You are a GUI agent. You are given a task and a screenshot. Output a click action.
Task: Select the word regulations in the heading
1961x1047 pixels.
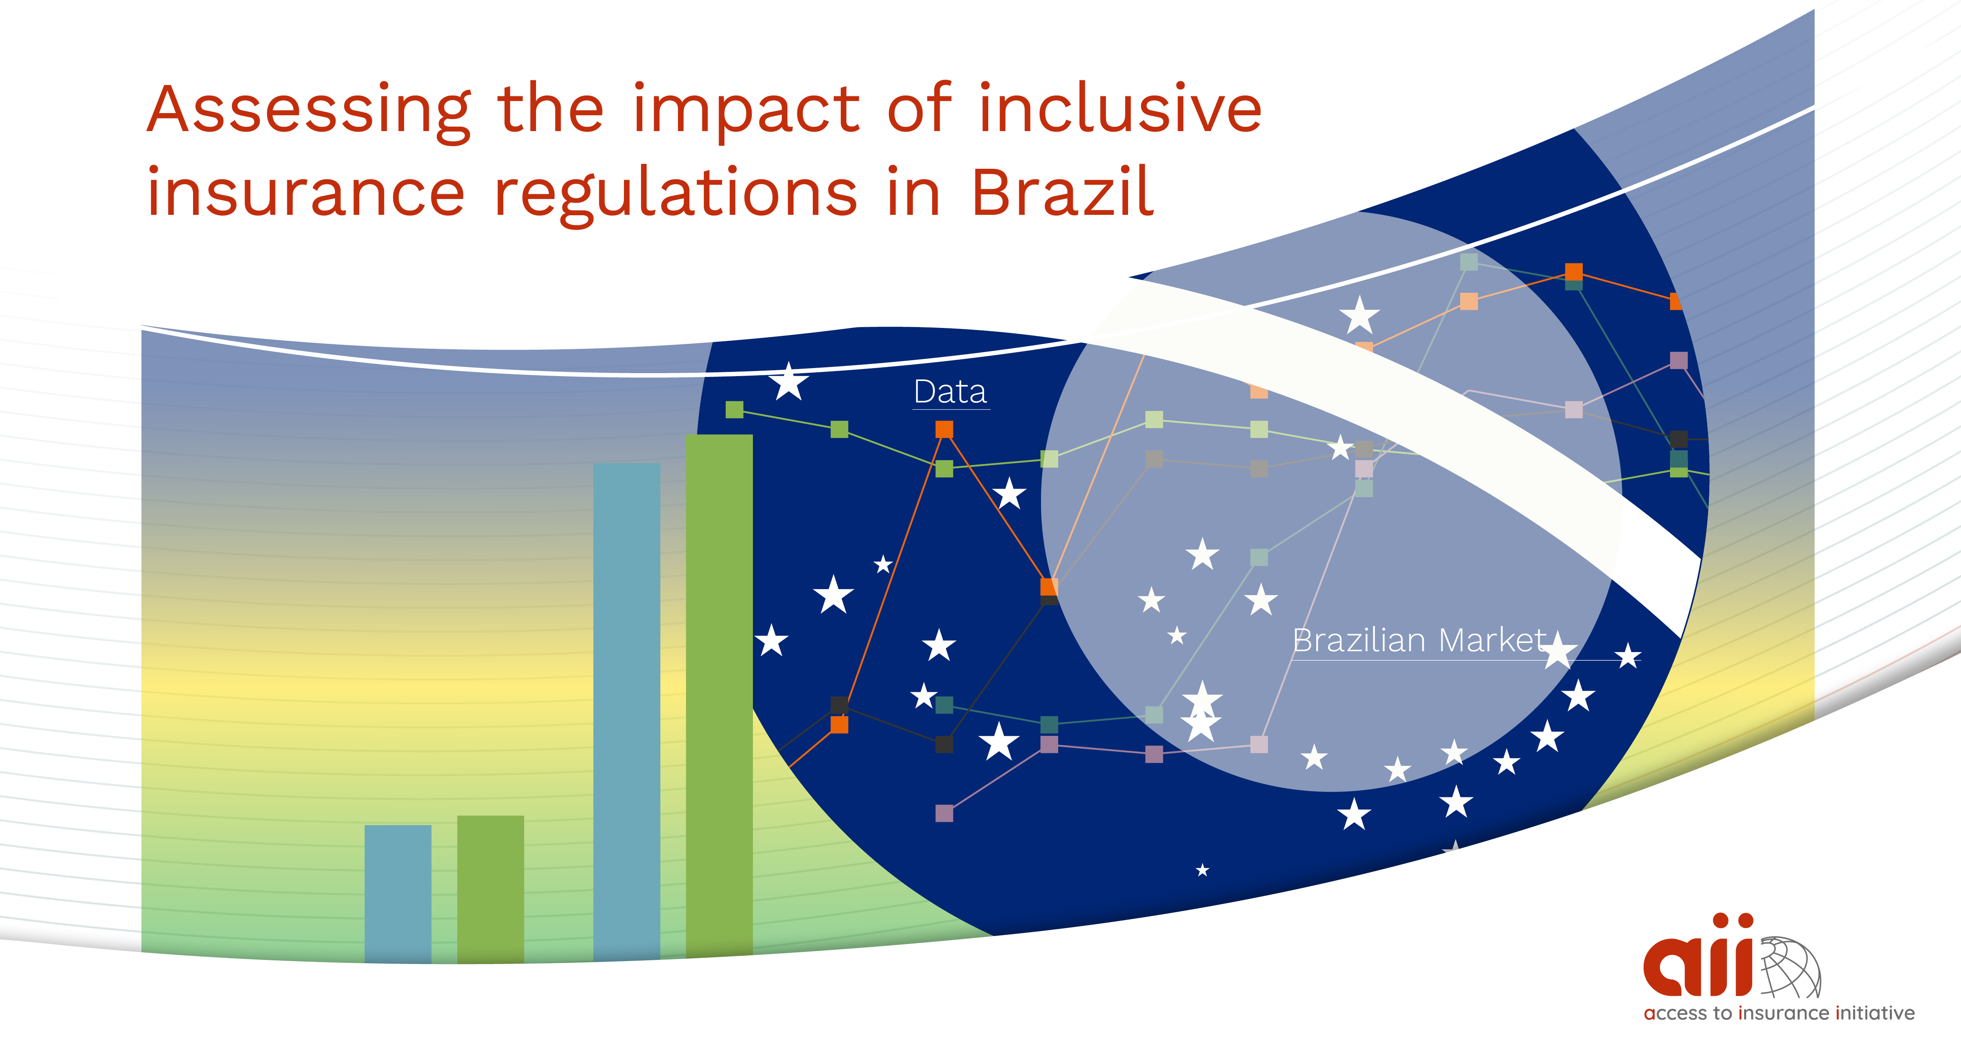point(676,195)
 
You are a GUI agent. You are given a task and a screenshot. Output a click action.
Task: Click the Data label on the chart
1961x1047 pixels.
point(950,392)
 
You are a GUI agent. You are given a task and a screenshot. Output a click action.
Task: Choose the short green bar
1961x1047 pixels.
point(490,890)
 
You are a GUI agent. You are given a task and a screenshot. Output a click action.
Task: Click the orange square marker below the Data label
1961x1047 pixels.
point(944,429)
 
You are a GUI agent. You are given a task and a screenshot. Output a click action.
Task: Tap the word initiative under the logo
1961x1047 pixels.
point(1875,1013)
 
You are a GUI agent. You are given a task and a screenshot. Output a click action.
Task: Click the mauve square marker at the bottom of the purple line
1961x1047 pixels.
point(944,813)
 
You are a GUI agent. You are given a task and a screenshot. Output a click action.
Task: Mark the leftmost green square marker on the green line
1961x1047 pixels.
point(734,410)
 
